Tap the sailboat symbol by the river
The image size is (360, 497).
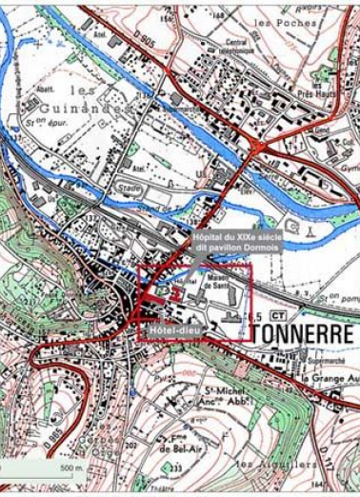click(x=310, y=233)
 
